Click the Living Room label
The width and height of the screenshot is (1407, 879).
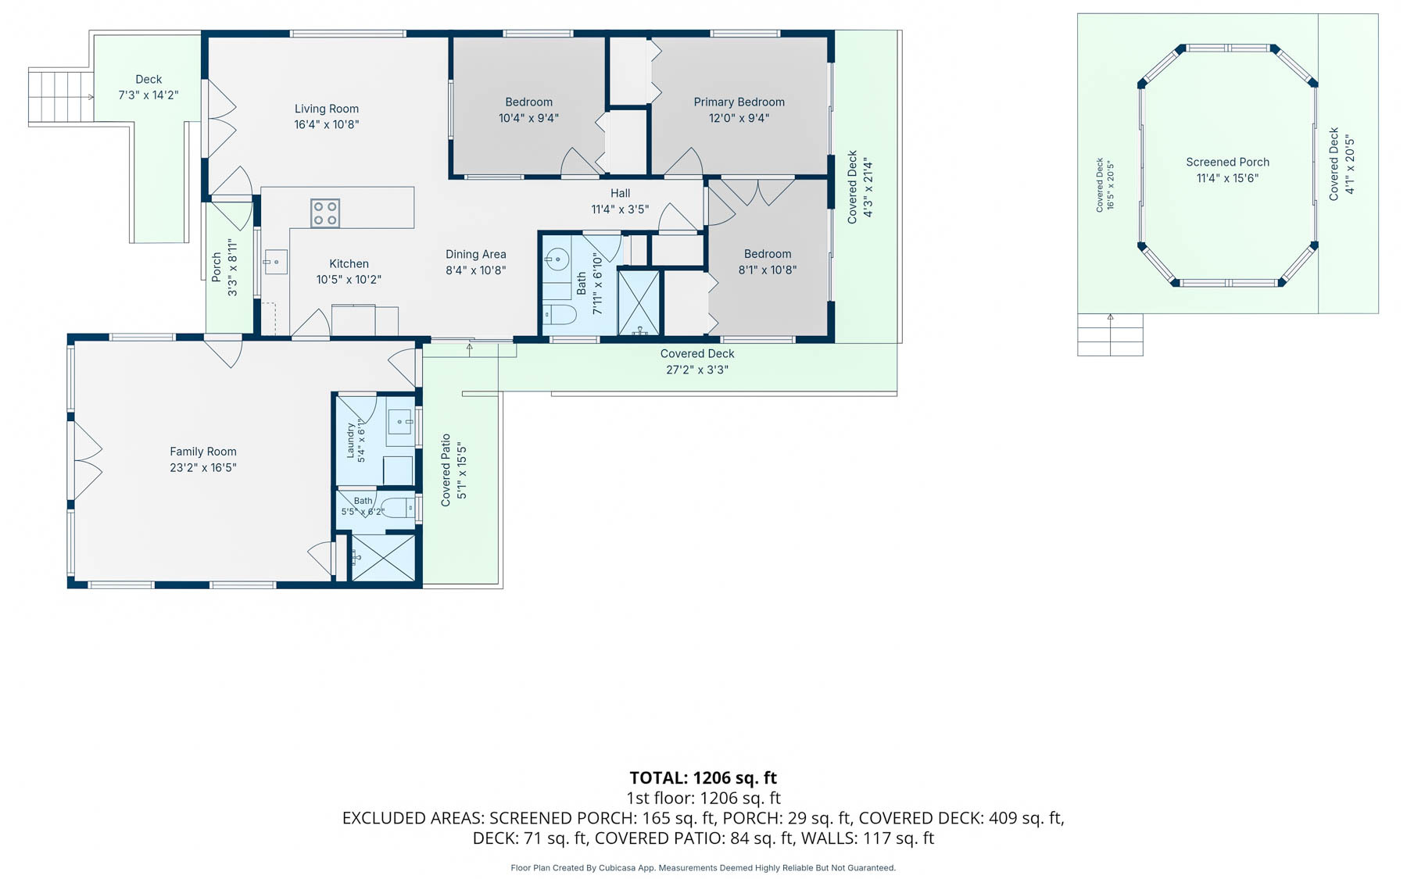(327, 109)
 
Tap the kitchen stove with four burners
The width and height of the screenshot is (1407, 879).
(325, 213)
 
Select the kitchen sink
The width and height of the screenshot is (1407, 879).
(275, 262)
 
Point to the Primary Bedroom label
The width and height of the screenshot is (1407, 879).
(739, 102)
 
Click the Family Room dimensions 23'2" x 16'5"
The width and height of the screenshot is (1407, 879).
(203, 467)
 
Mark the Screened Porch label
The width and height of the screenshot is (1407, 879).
(1227, 162)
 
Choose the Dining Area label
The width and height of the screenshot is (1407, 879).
(476, 254)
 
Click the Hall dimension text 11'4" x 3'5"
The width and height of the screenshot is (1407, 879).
(620, 209)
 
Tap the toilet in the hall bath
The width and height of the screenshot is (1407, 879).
(560, 315)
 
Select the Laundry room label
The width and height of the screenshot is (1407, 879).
(351, 441)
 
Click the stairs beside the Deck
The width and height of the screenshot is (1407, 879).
(61, 97)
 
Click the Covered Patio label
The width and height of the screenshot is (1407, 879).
(446, 470)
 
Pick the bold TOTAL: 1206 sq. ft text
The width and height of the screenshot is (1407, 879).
(703, 777)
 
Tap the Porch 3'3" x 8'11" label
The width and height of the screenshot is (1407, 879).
(224, 267)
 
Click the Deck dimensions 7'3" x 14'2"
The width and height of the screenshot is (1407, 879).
(149, 95)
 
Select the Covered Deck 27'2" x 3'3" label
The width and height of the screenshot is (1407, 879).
(697, 362)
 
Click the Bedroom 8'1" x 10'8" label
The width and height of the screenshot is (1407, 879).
(768, 262)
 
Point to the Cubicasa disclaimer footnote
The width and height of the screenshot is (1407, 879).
(703, 867)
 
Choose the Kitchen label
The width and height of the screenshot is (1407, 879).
(349, 264)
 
